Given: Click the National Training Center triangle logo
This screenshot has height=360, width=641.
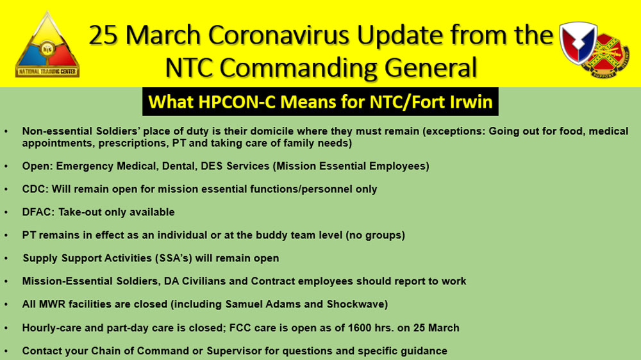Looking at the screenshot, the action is point(47,45).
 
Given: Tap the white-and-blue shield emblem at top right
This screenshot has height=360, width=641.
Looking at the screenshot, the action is point(578,42).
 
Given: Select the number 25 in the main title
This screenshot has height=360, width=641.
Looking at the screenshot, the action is point(104,35).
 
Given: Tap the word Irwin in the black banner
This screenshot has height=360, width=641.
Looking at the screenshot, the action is point(471,102).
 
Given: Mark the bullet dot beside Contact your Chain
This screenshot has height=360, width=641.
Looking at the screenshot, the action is point(6,351).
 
